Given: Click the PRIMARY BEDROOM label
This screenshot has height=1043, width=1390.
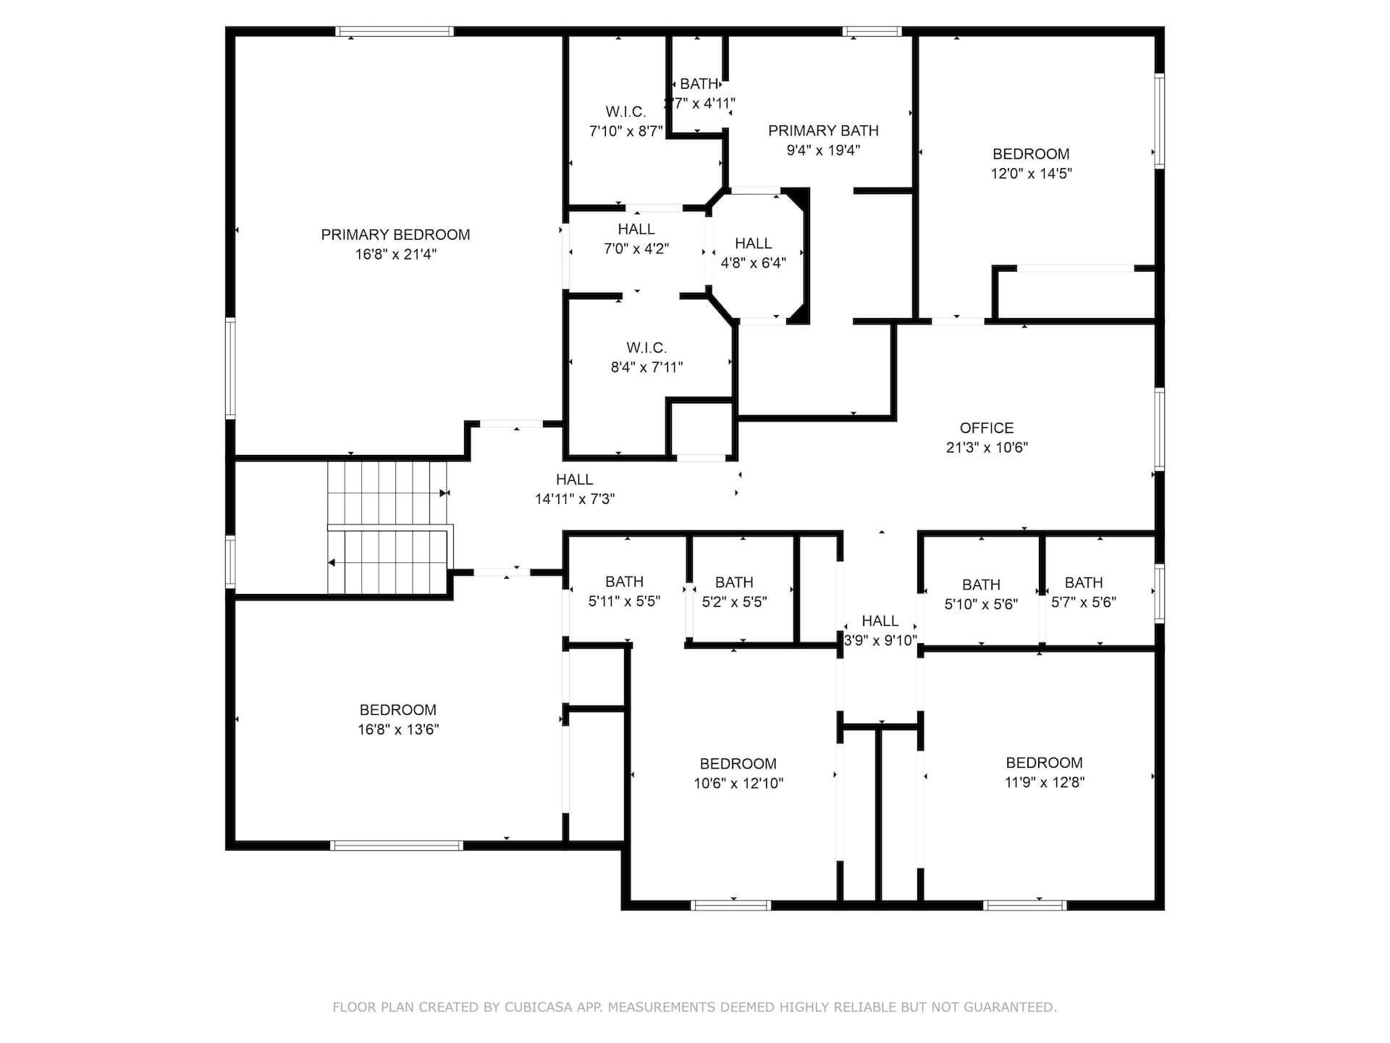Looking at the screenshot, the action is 395,235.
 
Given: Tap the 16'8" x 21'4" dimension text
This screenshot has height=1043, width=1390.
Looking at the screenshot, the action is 395,254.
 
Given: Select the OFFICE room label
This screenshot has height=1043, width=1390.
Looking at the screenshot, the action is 987,428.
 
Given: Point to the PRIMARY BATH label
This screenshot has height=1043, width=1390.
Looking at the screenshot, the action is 823,131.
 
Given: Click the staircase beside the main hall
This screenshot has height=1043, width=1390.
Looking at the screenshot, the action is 389,527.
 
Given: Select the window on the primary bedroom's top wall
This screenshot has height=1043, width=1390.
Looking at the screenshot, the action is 395,31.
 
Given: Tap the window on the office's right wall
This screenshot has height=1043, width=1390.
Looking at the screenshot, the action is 1159,429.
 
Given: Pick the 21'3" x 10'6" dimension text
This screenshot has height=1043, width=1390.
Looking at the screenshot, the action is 987,448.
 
